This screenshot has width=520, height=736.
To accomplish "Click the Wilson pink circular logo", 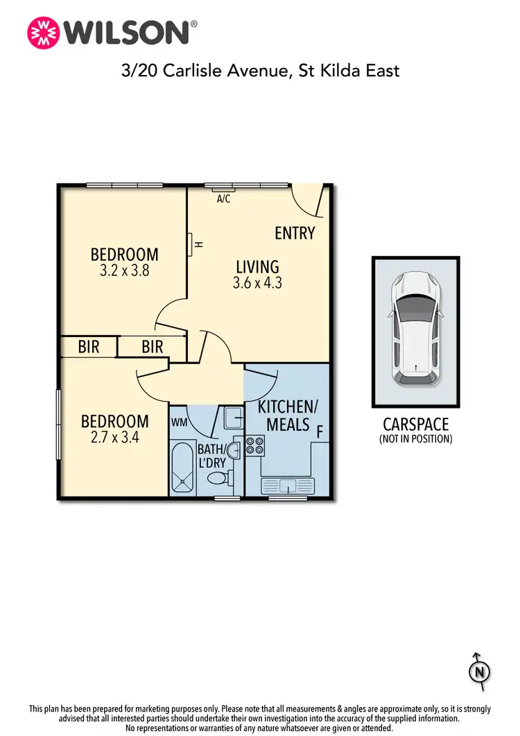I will (42, 32).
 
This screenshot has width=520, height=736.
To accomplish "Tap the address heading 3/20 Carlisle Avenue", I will (261, 70).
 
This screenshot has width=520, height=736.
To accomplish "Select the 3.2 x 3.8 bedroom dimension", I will (125, 271).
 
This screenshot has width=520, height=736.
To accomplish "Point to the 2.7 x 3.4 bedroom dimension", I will (115, 438).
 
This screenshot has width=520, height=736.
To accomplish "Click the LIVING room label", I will (257, 266).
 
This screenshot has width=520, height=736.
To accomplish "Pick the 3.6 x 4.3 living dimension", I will (258, 283).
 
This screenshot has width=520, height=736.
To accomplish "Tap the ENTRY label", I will (295, 233).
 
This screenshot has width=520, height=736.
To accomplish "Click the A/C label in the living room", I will (224, 199).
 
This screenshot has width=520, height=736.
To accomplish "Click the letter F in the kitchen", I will (320, 431).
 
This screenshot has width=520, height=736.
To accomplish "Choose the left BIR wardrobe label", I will (89, 347).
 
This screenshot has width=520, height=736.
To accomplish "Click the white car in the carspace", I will (415, 328).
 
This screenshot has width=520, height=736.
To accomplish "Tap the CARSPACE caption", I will (416, 423).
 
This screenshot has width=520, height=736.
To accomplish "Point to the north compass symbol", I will (478, 671).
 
